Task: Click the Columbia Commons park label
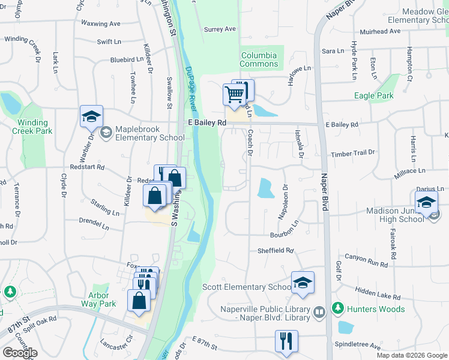point(259,59)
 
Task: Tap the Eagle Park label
point(373,95)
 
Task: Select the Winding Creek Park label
point(31,127)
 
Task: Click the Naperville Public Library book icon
point(319,311)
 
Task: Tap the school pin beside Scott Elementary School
point(303,283)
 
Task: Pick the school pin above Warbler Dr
point(91,116)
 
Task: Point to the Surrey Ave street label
point(220,29)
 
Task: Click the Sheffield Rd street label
point(276,251)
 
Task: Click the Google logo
point(20,353)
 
